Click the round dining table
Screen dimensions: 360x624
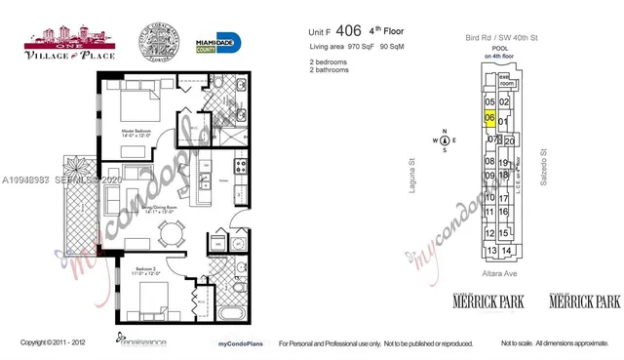click(172, 234)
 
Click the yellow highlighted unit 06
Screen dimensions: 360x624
click(490, 119)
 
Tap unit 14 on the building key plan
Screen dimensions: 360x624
click(507, 251)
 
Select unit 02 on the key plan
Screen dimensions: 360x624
click(505, 102)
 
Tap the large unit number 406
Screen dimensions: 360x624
click(348, 30)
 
